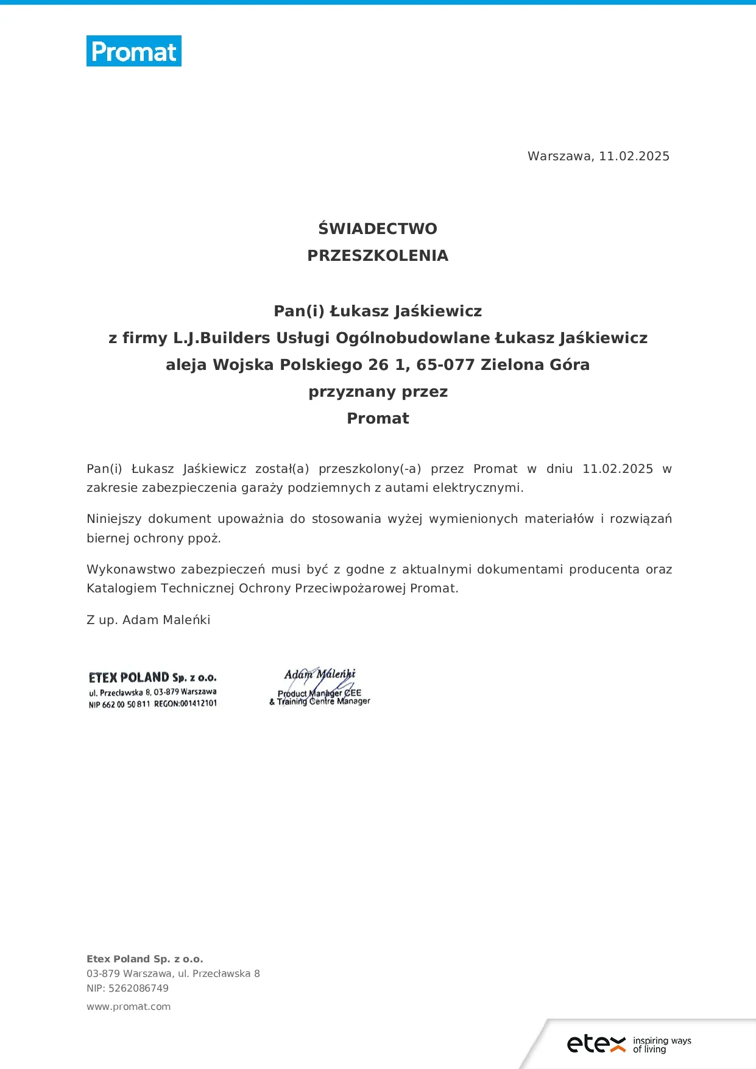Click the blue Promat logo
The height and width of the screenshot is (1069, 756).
[x=134, y=51]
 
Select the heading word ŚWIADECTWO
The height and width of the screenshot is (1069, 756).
[x=378, y=229]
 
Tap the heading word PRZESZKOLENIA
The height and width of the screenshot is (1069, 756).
[x=378, y=255]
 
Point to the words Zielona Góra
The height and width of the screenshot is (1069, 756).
[x=535, y=364]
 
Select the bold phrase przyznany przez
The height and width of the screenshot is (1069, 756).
[x=378, y=391]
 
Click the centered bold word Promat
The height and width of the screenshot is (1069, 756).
[x=378, y=418]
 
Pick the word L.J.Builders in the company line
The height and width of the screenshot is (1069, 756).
[x=222, y=338]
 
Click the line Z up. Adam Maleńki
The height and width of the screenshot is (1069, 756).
[x=149, y=620]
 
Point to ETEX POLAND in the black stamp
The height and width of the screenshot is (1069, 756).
[x=129, y=678]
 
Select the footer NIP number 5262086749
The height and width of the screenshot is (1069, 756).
[x=138, y=988]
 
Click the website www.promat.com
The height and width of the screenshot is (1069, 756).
[x=129, y=1006]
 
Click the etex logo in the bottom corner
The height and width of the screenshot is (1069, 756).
[x=596, y=1043]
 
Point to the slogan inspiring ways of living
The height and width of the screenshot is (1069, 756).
[x=662, y=1045]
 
